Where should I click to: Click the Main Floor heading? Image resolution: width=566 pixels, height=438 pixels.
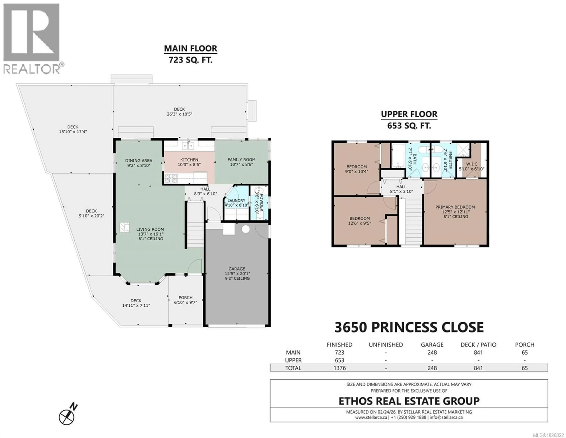[190, 49]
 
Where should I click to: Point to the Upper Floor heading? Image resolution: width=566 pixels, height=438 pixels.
[409, 114]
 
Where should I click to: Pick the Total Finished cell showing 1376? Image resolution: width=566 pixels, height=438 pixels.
[339, 368]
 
